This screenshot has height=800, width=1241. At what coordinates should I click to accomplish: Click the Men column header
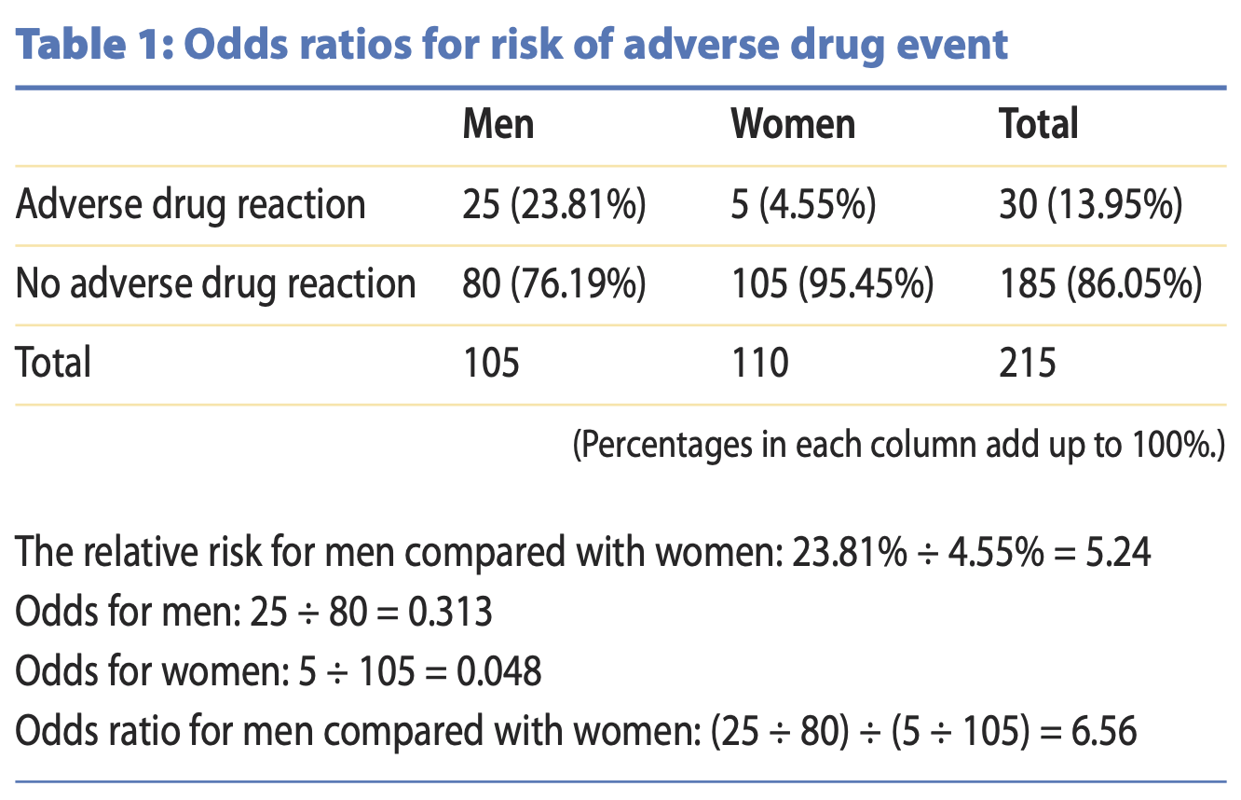[498, 124]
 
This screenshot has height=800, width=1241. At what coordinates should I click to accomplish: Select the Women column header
[793, 124]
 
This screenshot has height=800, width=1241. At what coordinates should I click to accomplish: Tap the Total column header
[1039, 124]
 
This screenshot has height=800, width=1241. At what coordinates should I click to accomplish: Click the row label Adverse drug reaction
[190, 205]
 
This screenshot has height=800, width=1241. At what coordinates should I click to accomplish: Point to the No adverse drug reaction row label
[215, 283]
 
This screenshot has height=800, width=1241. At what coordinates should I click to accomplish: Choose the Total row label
[53, 363]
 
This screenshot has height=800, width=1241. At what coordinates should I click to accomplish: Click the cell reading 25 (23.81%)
[554, 205]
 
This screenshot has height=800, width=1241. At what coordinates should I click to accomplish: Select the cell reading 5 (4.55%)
[803, 205]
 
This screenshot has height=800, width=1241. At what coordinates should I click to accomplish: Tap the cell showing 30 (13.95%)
[1091, 205]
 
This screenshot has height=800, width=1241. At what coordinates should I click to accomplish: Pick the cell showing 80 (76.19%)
[554, 283]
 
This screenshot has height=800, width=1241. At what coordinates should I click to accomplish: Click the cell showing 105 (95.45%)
[832, 283]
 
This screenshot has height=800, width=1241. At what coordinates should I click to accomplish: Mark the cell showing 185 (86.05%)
[1100, 283]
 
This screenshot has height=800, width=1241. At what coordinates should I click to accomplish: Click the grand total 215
[1028, 363]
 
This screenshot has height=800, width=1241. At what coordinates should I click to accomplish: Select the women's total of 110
[759, 363]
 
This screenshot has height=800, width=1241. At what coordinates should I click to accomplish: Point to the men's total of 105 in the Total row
[491, 363]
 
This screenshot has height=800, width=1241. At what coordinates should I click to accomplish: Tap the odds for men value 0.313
[455, 613]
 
